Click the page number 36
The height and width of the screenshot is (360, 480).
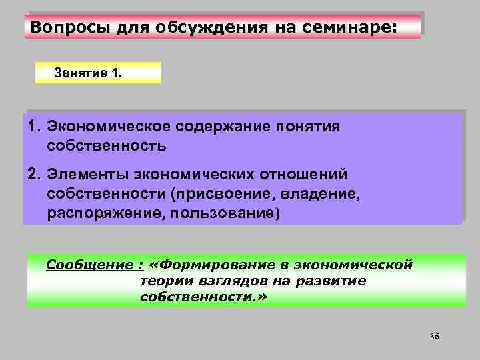click(x=435, y=336)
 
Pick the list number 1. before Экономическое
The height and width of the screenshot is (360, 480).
click(x=35, y=127)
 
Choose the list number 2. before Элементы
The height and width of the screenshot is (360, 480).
click(x=35, y=175)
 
